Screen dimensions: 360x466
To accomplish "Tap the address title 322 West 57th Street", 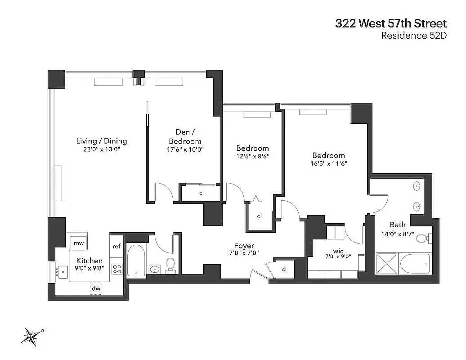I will tap(390, 23).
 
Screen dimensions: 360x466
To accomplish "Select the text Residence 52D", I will tap(413, 36).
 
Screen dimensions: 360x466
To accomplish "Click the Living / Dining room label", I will tap(101, 141).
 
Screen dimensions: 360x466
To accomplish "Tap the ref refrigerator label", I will tap(116, 246).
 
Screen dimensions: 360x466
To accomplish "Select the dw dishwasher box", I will tap(96, 288).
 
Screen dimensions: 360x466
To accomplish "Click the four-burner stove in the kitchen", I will tap(117, 269).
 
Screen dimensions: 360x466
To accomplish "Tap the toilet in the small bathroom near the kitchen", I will tap(171, 265).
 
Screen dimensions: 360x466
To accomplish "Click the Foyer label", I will tap(244, 246).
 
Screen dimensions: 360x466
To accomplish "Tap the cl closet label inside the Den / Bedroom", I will tap(202, 193).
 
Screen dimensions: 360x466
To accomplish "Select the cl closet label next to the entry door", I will tap(285, 269).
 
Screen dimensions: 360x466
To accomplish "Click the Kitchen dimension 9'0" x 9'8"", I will tap(89, 269).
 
